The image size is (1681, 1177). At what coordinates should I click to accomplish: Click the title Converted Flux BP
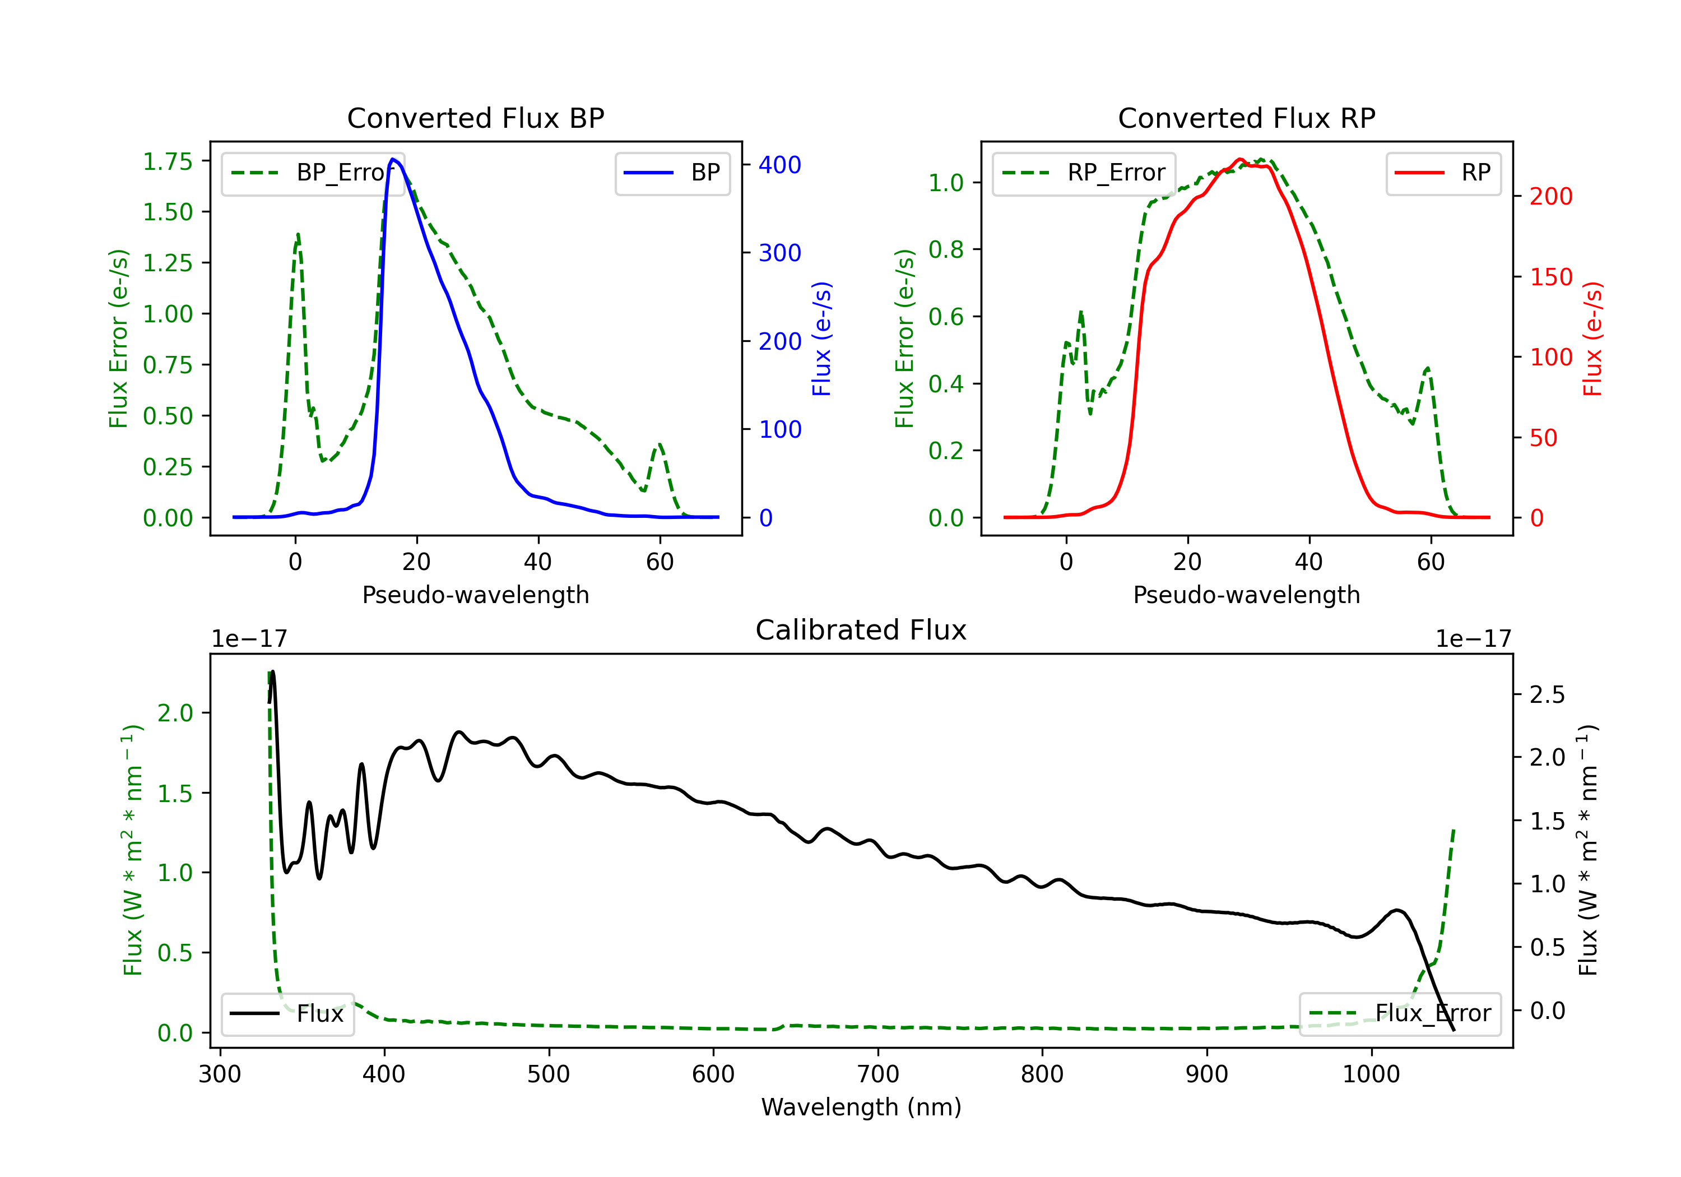475,118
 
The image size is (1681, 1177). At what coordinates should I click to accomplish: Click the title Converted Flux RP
1246,118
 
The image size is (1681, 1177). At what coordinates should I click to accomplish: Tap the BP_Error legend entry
313,173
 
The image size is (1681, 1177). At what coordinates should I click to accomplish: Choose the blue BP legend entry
672,173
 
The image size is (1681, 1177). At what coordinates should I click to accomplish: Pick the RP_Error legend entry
1084,173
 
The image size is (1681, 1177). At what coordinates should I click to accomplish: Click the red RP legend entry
1443,173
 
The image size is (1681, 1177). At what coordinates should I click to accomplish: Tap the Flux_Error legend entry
1400,1014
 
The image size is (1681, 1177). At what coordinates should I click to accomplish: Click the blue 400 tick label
780,165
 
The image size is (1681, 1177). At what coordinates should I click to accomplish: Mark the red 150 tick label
1550,277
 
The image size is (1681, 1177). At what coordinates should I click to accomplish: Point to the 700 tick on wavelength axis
877,1074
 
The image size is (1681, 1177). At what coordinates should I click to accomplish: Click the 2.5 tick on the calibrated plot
1547,694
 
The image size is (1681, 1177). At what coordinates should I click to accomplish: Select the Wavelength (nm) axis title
861,1108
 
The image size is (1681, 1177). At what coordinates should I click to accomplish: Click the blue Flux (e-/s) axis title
821,339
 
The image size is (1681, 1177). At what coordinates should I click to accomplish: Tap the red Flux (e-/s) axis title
1592,339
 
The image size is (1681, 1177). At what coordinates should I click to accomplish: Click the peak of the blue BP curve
393,159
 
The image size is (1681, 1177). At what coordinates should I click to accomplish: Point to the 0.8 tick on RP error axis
946,250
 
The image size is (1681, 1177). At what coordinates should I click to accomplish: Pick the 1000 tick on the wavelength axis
1371,1074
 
